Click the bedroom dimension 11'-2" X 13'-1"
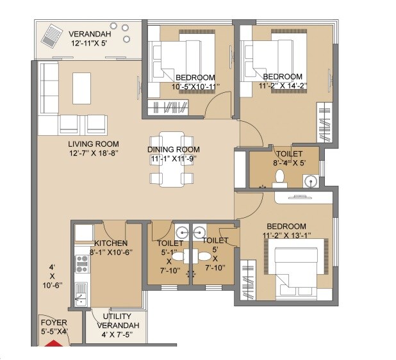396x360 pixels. coord(286,236)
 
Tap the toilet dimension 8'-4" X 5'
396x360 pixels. coord(286,163)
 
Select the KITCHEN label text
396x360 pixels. coord(111,243)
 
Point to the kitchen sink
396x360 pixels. coord(81,293)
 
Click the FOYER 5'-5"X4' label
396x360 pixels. coord(54,327)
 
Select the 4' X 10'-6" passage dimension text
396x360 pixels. coord(52,277)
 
